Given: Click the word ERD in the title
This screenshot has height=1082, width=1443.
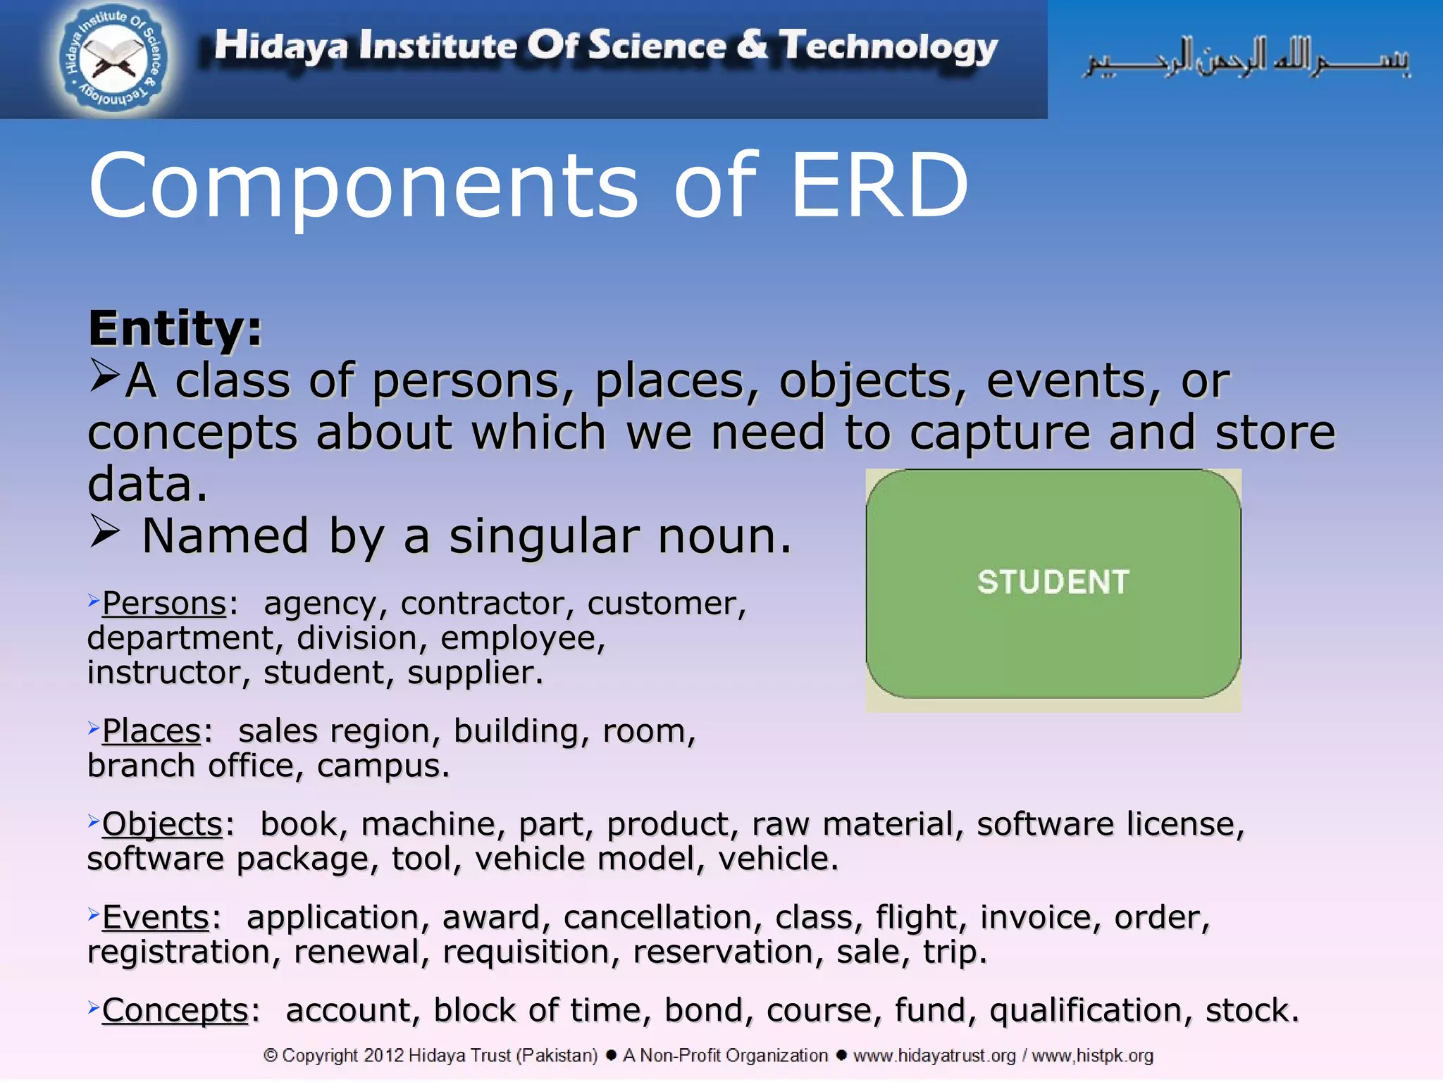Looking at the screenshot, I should (879, 186).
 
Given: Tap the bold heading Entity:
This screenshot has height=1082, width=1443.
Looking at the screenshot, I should (175, 329).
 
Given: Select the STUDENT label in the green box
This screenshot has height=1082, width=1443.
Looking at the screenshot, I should (1053, 583).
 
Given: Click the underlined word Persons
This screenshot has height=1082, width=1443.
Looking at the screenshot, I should (163, 604).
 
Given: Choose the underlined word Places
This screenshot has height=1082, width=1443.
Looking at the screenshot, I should (151, 731).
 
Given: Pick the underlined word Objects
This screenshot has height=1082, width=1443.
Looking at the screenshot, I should (162, 824).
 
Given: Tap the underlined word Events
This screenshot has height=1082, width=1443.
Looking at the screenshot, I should (156, 918).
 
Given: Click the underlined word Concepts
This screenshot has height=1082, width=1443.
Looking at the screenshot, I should (175, 1011).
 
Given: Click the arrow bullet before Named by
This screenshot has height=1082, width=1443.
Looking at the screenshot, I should (105, 533).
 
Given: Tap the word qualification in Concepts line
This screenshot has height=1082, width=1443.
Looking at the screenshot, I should (1085, 1011).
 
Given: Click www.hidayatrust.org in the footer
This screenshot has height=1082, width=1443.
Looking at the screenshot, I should (934, 1056).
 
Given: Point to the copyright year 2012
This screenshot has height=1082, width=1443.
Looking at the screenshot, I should (383, 1056).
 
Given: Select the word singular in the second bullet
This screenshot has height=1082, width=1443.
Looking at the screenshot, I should (544, 537).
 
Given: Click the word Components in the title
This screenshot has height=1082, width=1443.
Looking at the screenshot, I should (363, 186).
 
